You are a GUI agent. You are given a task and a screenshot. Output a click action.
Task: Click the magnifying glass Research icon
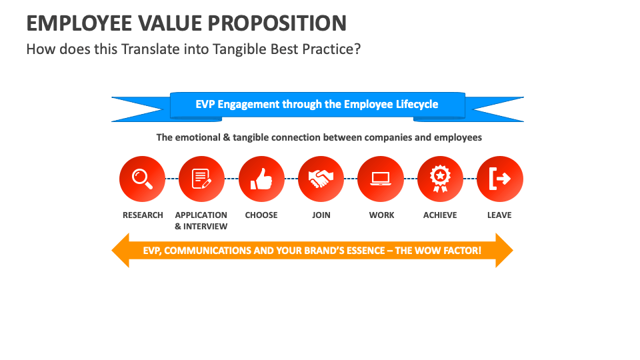142,179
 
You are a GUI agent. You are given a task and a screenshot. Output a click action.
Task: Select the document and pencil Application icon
201,179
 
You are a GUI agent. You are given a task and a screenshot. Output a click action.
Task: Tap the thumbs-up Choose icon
261,179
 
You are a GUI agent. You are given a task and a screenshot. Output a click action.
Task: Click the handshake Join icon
321,179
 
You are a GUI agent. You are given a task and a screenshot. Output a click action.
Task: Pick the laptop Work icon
381,179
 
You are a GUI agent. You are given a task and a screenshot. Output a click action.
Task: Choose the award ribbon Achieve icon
440,179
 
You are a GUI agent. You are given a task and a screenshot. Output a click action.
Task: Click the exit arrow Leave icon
499,179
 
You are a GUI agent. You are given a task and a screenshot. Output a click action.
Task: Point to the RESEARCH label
143,215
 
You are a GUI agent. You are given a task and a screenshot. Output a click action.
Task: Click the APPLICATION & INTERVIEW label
201,221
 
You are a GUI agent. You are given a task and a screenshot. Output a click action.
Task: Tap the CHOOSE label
261,215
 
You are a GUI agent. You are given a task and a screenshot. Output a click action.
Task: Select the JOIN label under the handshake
321,215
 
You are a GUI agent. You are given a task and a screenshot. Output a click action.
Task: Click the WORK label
381,215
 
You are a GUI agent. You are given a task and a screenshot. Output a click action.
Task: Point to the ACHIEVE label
440,215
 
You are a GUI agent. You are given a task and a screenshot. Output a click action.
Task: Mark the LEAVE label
499,215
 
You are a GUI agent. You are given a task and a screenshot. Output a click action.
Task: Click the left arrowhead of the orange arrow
120,251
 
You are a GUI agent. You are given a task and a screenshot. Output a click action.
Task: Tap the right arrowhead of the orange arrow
504,251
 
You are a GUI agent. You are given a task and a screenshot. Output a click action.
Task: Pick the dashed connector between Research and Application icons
172,179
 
